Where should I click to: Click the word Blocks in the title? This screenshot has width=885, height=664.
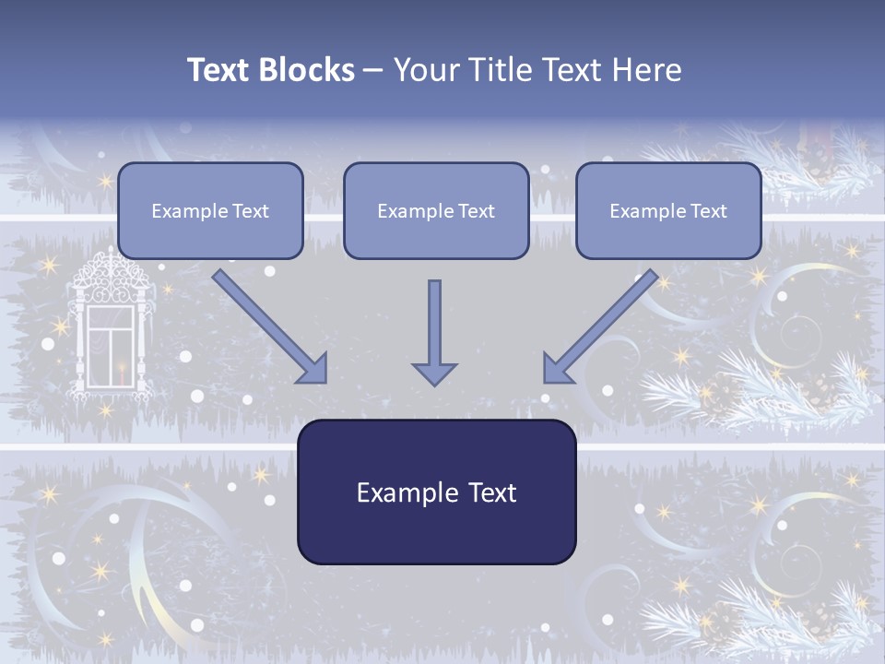(x=308, y=70)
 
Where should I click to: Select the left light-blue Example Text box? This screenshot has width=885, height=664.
(x=210, y=210)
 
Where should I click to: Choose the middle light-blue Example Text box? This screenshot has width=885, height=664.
(x=436, y=210)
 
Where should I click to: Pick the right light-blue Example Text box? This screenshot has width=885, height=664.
(x=668, y=210)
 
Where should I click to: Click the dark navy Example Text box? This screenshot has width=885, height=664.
(x=436, y=492)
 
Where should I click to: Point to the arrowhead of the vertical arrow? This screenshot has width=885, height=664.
(x=434, y=373)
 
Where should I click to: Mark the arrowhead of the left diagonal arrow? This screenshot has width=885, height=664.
(x=313, y=369)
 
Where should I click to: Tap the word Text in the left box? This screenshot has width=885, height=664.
(x=251, y=211)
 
